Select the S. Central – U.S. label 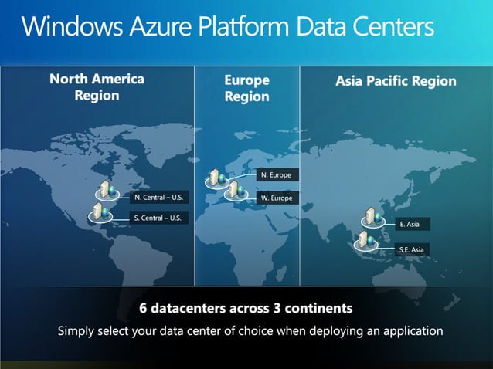(x=158, y=218)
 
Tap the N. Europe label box (x=276, y=175)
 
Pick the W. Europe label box (x=276, y=198)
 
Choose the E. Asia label (x=410, y=224)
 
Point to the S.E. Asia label (x=411, y=249)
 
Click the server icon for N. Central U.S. (x=101, y=189)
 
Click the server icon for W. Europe (x=234, y=191)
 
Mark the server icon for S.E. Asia (x=364, y=240)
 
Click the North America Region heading (x=97, y=86)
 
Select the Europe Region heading (x=246, y=88)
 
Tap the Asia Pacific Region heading (x=396, y=80)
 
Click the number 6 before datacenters (x=144, y=308)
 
